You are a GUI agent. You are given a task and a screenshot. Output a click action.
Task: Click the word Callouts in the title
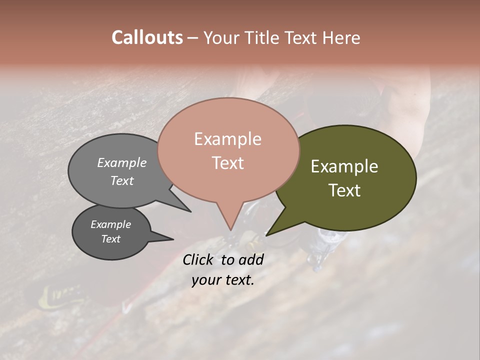[147, 37]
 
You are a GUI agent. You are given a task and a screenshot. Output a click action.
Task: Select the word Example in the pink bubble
[227, 139]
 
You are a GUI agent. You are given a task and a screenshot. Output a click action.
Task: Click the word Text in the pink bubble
[227, 163]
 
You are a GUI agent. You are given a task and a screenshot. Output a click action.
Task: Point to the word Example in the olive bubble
[344, 166]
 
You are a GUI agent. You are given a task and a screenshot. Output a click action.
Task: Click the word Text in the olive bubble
[344, 190]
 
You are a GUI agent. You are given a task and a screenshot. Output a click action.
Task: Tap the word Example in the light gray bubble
[122, 163]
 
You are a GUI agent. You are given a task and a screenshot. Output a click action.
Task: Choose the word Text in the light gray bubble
[122, 181]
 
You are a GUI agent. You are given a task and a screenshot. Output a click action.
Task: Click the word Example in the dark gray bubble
[110, 224]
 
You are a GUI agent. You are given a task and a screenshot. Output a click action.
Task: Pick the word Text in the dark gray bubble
[110, 239]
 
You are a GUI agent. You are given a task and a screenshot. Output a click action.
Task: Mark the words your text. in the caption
[222, 280]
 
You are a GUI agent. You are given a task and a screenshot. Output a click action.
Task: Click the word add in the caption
[251, 259]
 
